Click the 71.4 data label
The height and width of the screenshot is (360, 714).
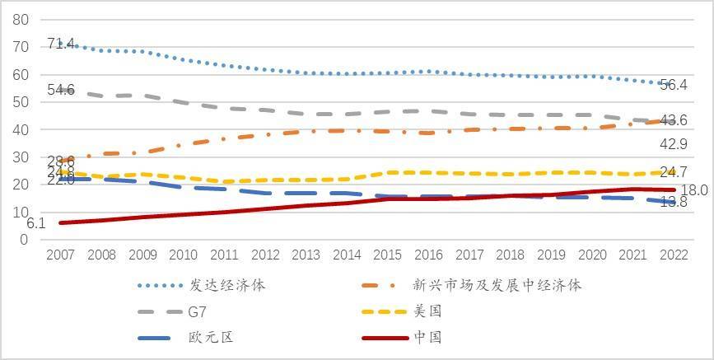pos(61,44)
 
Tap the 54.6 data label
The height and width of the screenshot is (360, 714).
pos(61,90)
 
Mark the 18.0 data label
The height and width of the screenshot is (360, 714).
pos(695,190)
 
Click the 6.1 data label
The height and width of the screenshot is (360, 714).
pos(35,222)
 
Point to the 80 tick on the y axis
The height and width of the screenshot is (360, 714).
pos(21,19)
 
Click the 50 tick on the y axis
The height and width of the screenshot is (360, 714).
pos(21,102)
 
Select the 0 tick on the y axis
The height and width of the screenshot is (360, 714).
pos(25,240)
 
